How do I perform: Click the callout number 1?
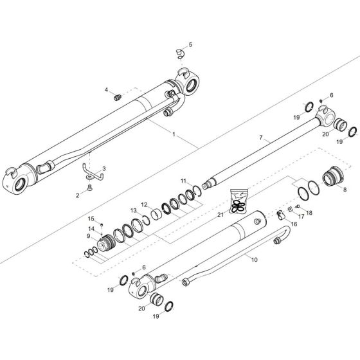pyautogui.click(x=174, y=134)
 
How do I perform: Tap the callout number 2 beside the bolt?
pyautogui.click(x=78, y=194)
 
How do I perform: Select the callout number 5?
pyautogui.click(x=190, y=45)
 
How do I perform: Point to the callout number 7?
pyautogui.click(x=261, y=138)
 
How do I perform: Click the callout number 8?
pyautogui.click(x=344, y=190)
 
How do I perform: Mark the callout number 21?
pyautogui.click(x=221, y=213)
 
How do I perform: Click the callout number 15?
pyautogui.click(x=91, y=218)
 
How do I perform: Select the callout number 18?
pyautogui.click(x=309, y=213)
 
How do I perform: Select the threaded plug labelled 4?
pyautogui.click(x=118, y=97)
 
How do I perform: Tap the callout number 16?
pyautogui.click(x=294, y=224)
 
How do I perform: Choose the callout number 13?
pyautogui.click(x=134, y=210)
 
